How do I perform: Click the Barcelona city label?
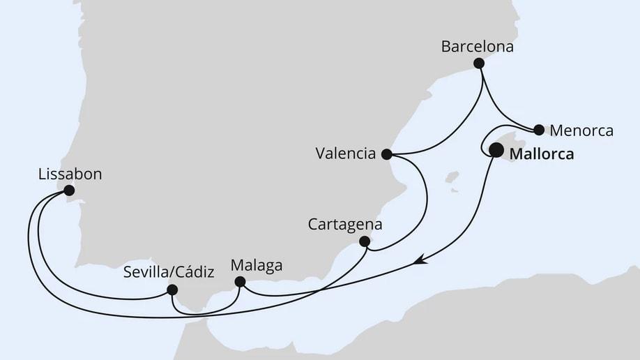(478, 47)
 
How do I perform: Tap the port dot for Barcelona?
(478, 63)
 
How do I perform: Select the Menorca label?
(581, 130)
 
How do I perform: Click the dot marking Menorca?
(539, 129)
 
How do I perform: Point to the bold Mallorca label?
(542, 154)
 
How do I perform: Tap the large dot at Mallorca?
(496, 149)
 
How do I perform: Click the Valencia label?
(345, 153)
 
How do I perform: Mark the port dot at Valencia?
(387, 153)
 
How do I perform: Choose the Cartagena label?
(344, 225)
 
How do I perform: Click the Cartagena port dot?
(364, 241)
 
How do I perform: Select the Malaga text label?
(256, 266)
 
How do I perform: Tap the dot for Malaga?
(240, 282)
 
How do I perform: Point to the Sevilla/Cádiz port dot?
(172, 290)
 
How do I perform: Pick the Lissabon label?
(70, 174)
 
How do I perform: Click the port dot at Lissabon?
(68, 190)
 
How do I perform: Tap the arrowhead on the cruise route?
(420, 262)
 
